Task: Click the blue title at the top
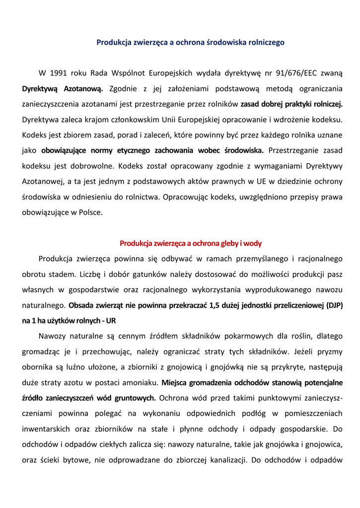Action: click(190, 43)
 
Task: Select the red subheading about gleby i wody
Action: click(190, 244)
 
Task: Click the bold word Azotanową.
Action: click(83, 89)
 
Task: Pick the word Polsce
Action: click(91, 212)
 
